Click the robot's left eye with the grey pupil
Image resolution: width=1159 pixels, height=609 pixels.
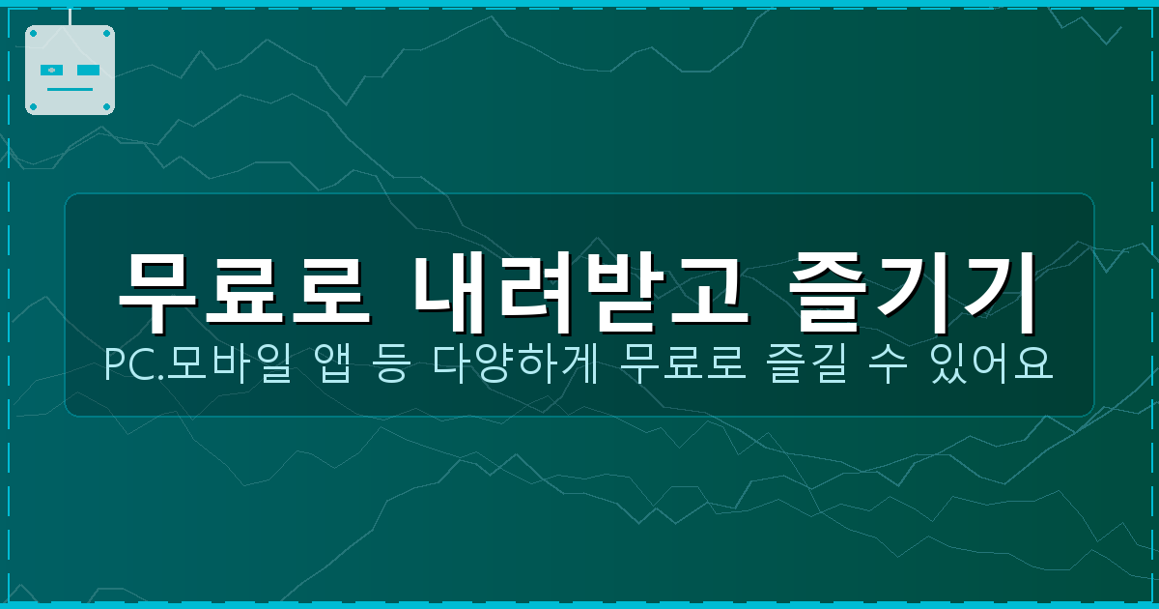click(52, 71)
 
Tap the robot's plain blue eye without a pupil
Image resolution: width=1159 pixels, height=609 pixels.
click(88, 71)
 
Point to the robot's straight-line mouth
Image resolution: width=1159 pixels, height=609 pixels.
click(70, 89)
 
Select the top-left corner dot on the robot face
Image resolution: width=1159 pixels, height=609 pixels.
click(33, 33)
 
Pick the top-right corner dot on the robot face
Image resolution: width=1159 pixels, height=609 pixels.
click(107, 33)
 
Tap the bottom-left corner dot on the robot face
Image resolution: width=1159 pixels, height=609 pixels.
click(33, 106)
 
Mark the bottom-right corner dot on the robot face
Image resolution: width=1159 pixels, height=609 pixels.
click(107, 106)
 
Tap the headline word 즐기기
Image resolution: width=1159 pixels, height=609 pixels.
click(913, 291)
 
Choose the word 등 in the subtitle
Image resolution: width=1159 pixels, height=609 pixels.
click(390, 365)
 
